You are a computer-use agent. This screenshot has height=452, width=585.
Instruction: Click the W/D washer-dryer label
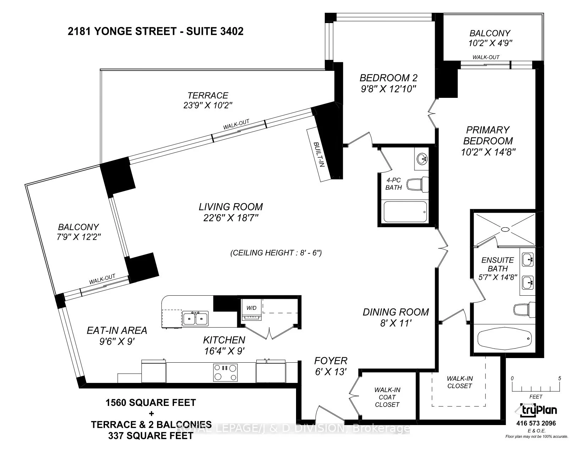(x=251, y=308)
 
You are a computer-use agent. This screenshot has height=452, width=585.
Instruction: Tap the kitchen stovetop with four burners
(x=225, y=372)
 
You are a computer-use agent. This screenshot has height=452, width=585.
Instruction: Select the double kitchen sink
(x=195, y=319)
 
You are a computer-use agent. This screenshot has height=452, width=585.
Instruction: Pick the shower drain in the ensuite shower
(x=505, y=229)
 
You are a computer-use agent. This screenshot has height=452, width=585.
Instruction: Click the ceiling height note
(x=276, y=253)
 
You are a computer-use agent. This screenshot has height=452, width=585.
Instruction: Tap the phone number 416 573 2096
(x=536, y=424)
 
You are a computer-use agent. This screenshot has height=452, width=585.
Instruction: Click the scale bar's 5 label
(x=560, y=378)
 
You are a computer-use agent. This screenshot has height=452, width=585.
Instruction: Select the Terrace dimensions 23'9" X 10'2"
(x=208, y=105)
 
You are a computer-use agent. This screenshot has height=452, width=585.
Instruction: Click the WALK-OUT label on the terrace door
(x=236, y=124)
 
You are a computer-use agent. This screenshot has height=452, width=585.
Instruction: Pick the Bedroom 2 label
(x=389, y=78)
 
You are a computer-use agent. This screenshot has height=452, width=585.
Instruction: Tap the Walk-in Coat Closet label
(x=387, y=397)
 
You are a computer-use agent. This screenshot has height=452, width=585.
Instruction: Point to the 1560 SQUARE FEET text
(x=150, y=403)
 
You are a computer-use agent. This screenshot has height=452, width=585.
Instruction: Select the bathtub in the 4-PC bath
(x=405, y=212)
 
